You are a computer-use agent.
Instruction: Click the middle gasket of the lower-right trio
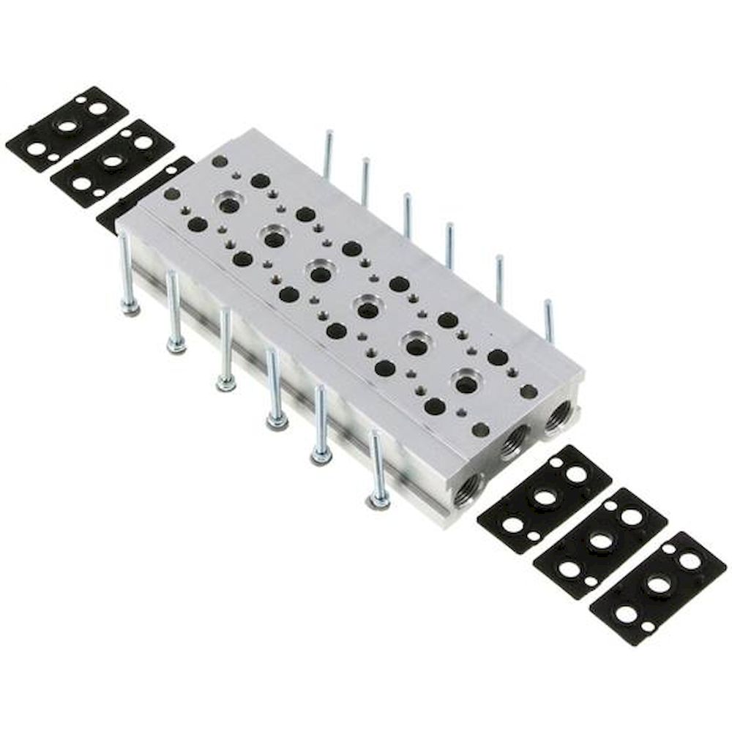[x=600, y=542]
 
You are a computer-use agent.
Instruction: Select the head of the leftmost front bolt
[x=130, y=307]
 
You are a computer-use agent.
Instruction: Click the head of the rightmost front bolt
[x=378, y=501]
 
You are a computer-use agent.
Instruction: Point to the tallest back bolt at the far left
[x=328, y=153]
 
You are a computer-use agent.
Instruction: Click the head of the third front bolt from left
[x=225, y=382]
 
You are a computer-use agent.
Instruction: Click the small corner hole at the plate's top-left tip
[x=219, y=161]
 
